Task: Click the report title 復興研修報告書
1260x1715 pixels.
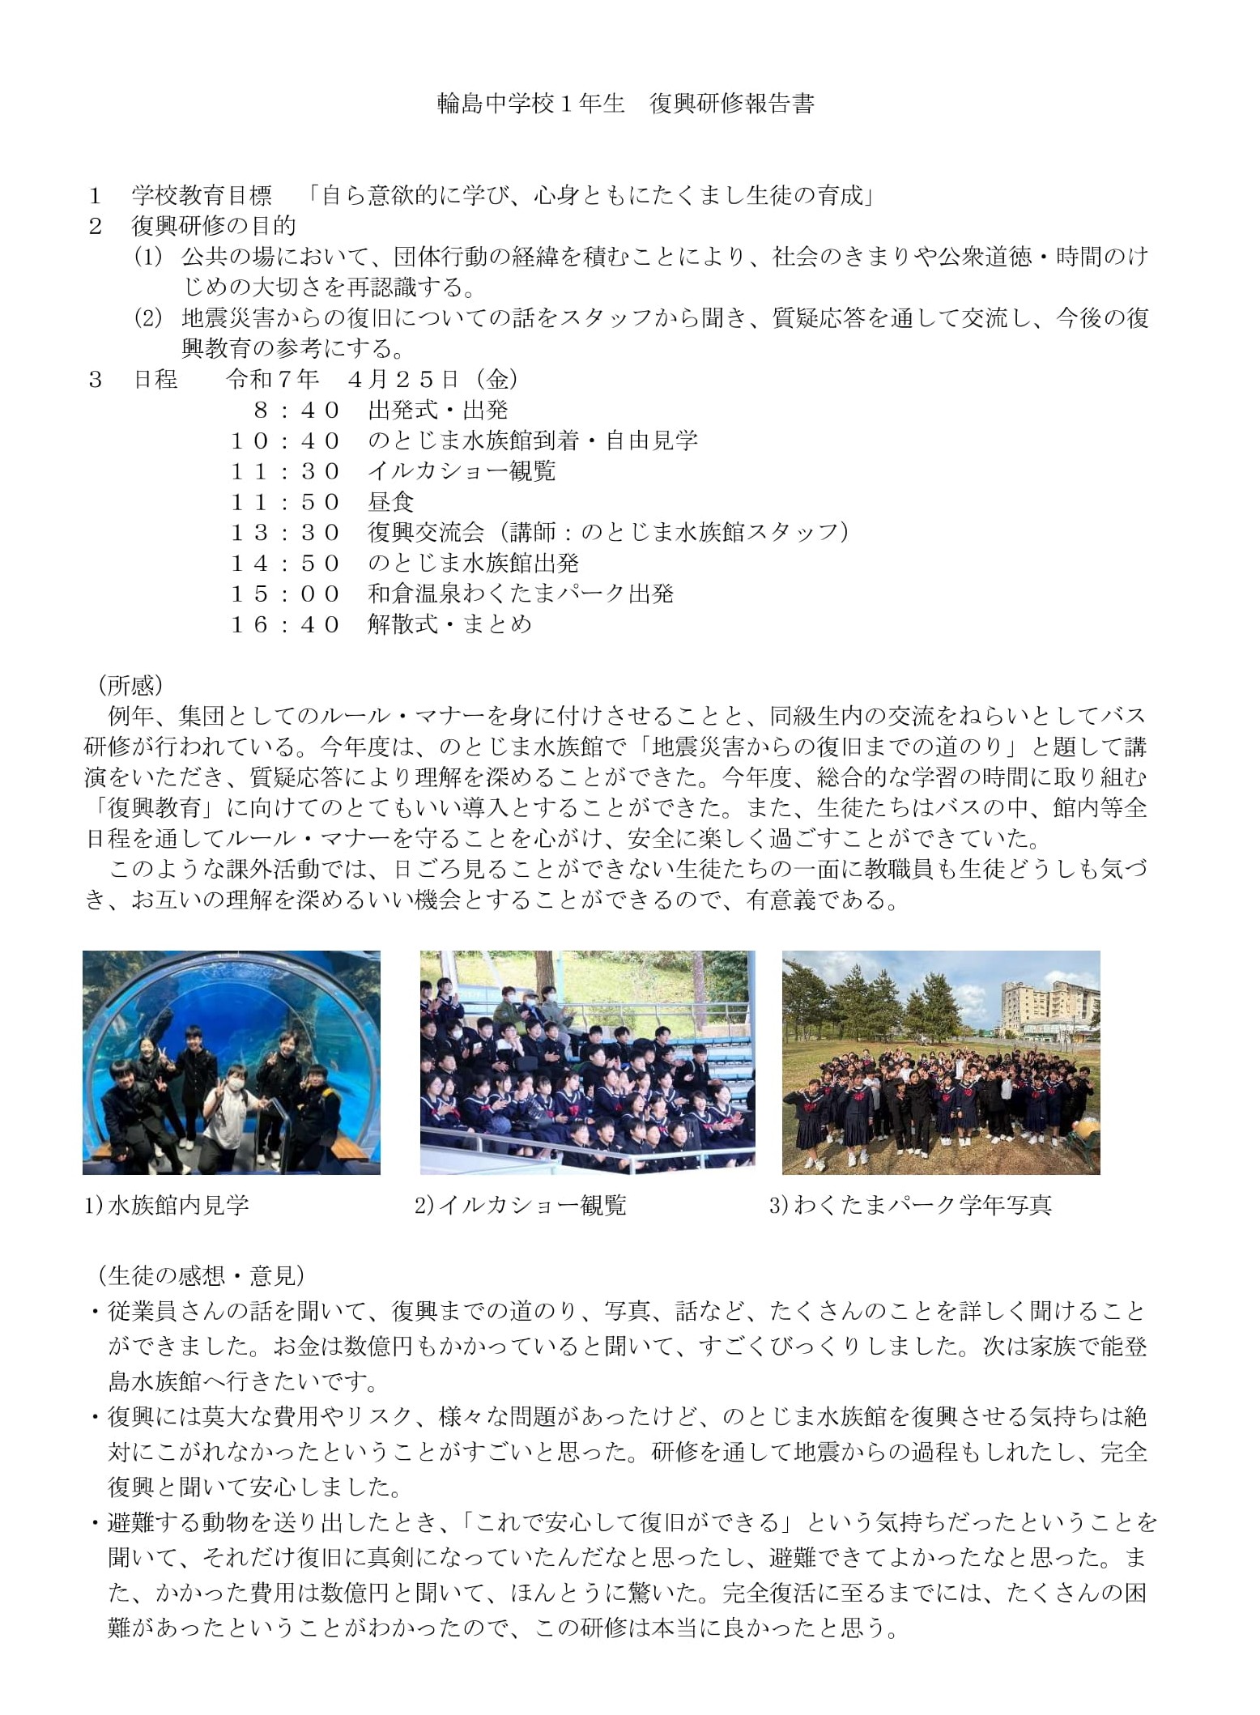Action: [731, 104]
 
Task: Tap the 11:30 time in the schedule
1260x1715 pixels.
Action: [285, 471]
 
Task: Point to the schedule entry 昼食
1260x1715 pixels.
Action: [390, 502]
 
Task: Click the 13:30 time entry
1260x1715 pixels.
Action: [285, 532]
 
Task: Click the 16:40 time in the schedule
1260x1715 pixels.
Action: [285, 624]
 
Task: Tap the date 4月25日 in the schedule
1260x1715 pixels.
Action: [404, 379]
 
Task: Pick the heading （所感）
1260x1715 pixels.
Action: [130, 685]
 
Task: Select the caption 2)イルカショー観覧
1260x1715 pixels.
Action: [521, 1206]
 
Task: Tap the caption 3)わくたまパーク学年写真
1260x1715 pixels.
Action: [910, 1206]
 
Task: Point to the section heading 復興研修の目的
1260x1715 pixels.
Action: [214, 226]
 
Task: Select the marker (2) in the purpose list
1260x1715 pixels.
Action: [149, 318]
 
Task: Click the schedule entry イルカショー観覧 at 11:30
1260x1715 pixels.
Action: [462, 471]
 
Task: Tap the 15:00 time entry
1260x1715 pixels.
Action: [285, 594]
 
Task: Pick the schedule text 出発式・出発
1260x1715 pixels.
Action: [438, 410]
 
